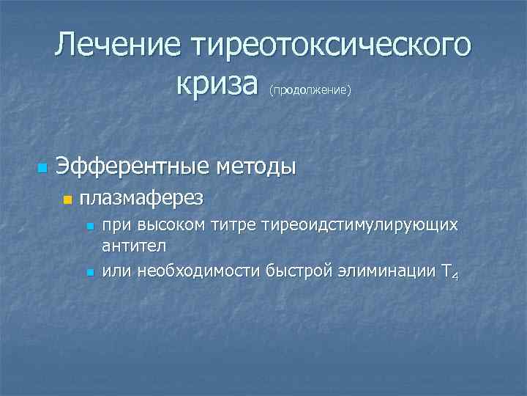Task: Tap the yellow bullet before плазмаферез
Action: [x=67, y=199]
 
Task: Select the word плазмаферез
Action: [x=141, y=198]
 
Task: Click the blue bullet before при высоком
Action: [x=89, y=227]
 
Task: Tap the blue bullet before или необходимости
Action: [x=89, y=273]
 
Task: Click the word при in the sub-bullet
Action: [x=114, y=225]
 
